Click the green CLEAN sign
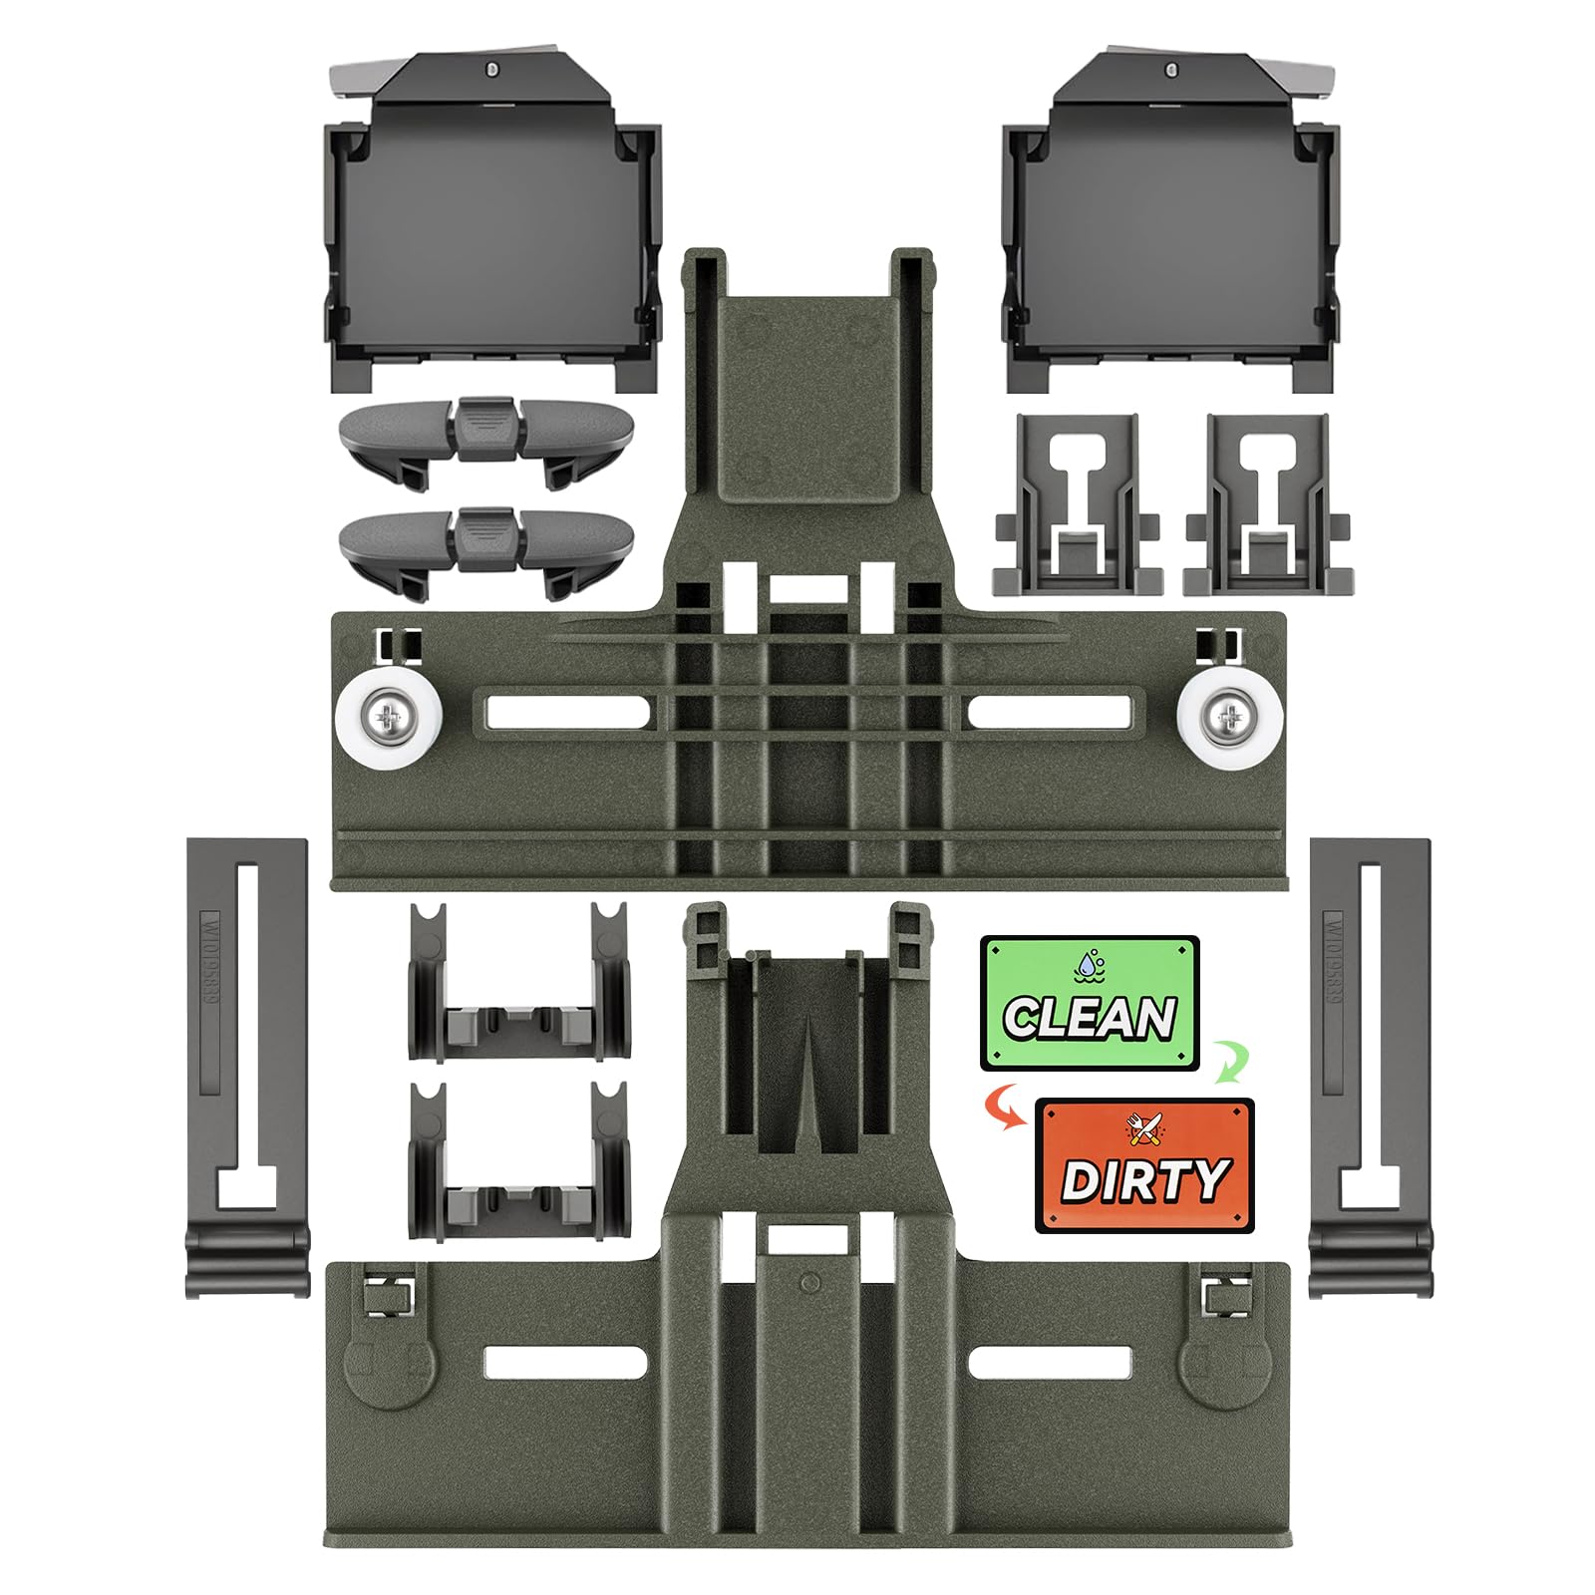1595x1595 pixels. (x=1090, y=1003)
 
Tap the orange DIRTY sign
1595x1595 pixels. (x=1144, y=1165)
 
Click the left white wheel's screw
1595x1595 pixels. (x=386, y=716)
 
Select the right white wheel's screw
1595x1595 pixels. (x=1228, y=716)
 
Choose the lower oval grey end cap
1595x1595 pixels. (x=486, y=538)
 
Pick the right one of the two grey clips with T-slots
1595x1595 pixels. (x=1266, y=503)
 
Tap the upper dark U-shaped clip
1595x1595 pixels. (x=518, y=982)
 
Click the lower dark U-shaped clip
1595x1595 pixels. (x=518, y=1161)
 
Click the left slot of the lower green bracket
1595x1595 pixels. (x=565, y=1363)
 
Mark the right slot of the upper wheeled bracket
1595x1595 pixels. (x=1049, y=712)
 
